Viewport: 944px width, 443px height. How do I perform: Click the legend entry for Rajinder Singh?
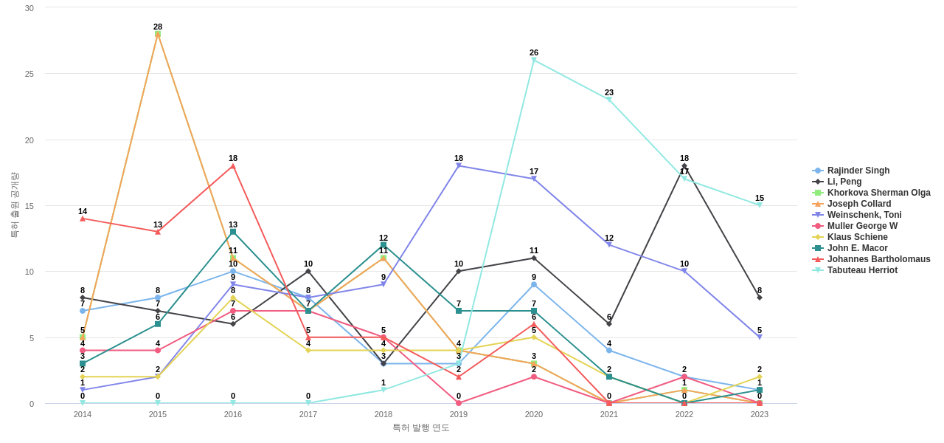click(x=858, y=171)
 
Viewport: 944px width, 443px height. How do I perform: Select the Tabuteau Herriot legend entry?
click(x=862, y=270)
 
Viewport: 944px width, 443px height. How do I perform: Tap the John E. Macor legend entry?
click(x=857, y=248)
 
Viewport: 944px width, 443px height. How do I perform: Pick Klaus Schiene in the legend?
click(x=857, y=237)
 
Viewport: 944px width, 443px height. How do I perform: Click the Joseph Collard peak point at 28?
click(x=158, y=34)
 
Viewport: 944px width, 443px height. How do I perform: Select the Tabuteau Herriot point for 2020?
click(x=534, y=61)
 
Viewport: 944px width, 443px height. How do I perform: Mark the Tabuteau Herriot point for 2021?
click(x=609, y=100)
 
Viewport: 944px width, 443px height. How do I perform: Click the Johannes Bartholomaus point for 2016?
click(x=233, y=166)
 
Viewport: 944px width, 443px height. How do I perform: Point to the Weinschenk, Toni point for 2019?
click(x=459, y=166)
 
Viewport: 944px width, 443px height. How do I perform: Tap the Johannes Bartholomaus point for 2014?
click(x=83, y=219)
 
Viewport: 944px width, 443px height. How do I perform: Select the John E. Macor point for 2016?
click(x=233, y=232)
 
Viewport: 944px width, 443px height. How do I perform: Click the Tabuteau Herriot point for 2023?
click(x=760, y=205)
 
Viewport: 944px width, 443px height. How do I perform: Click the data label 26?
click(x=534, y=52)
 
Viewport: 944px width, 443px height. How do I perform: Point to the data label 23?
click(x=609, y=92)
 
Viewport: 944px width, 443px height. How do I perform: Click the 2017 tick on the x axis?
click(x=308, y=414)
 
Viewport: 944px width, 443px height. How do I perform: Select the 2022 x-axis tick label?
click(x=684, y=414)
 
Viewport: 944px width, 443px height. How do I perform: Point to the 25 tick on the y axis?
click(x=29, y=74)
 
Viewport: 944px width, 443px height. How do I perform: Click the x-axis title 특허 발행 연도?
click(x=420, y=427)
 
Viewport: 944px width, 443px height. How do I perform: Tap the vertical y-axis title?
click(x=14, y=205)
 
